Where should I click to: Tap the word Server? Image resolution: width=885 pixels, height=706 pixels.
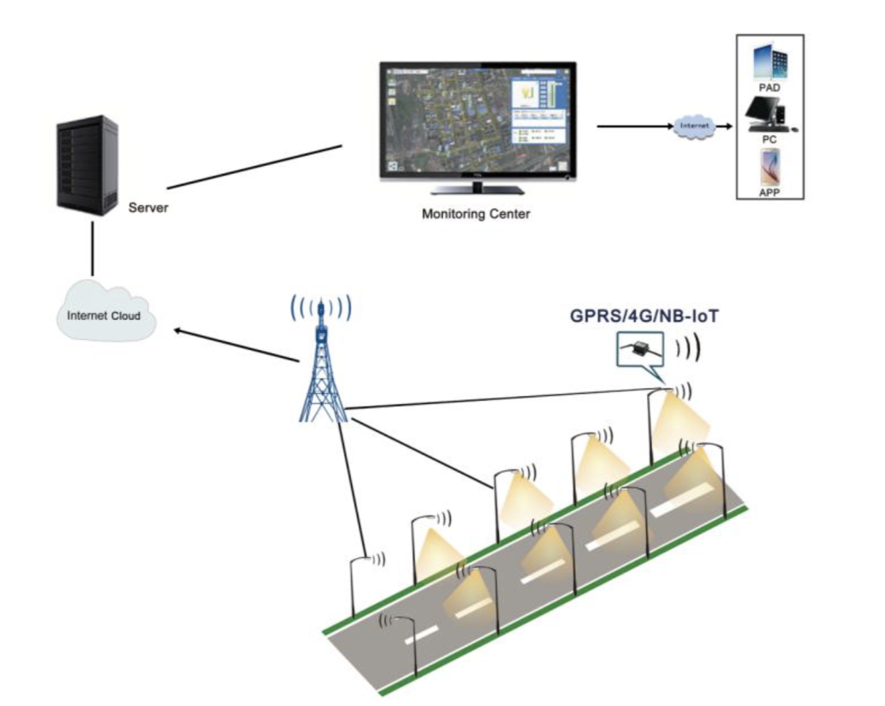coord(148,207)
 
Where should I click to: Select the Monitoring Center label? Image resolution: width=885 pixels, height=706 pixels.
coord(475,214)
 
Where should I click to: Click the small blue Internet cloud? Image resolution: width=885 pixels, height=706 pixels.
coord(694,126)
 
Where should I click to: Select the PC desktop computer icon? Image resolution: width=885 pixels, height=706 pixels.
coord(767,115)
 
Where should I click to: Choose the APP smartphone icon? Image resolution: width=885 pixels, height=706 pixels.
coord(770,167)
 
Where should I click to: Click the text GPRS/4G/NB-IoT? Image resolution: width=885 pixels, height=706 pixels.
coord(643,316)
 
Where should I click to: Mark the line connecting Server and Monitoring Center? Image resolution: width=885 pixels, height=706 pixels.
coord(254,167)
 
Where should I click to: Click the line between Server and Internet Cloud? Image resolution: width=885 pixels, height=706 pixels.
coord(92,248)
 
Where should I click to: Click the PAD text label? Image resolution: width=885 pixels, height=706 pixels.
coord(769,88)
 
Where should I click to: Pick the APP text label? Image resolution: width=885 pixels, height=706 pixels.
coord(769,193)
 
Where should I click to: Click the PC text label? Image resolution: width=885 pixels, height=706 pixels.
coord(769,140)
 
